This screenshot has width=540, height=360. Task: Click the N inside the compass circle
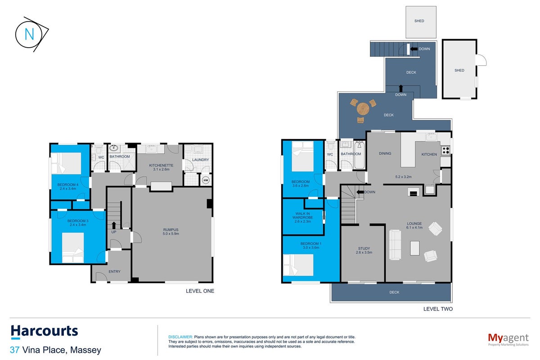click(29, 34)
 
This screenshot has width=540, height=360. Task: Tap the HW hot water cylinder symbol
click(206, 180)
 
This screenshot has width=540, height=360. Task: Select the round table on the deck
click(363, 109)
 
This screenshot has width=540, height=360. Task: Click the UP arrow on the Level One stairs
click(114, 225)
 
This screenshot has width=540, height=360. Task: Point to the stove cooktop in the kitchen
click(446, 150)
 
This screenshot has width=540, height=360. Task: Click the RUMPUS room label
click(171, 230)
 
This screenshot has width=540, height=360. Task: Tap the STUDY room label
click(364, 248)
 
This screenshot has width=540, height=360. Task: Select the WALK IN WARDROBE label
click(302, 216)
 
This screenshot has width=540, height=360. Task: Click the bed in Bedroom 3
click(73, 247)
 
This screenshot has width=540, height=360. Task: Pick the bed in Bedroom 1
click(298, 265)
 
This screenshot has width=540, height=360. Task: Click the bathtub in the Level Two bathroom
click(360, 155)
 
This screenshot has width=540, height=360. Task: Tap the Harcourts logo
click(45, 331)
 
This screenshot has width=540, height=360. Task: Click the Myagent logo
click(508, 339)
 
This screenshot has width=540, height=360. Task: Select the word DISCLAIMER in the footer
click(180, 337)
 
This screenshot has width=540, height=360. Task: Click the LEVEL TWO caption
click(438, 309)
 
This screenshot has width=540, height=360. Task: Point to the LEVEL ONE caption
click(200, 291)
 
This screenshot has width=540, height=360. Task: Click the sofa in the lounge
click(395, 245)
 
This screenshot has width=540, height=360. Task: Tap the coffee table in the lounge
click(414, 248)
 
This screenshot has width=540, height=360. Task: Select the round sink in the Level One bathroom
click(113, 148)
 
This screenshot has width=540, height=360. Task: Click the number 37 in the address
click(15, 350)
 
